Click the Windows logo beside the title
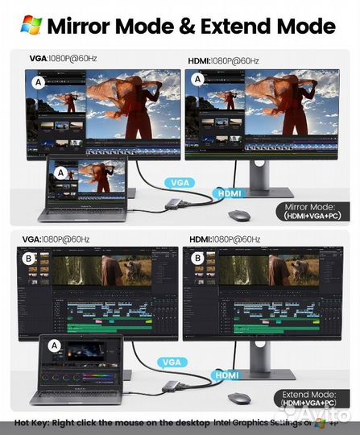click(x=31, y=24)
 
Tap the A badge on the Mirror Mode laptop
click(x=59, y=170)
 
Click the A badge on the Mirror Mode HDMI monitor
click(x=197, y=82)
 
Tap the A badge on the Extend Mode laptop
click(x=55, y=345)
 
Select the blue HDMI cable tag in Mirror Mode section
click(x=228, y=193)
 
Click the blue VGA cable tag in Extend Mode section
click(x=171, y=363)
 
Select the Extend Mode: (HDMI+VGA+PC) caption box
click(x=311, y=397)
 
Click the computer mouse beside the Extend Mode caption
click(x=240, y=397)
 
